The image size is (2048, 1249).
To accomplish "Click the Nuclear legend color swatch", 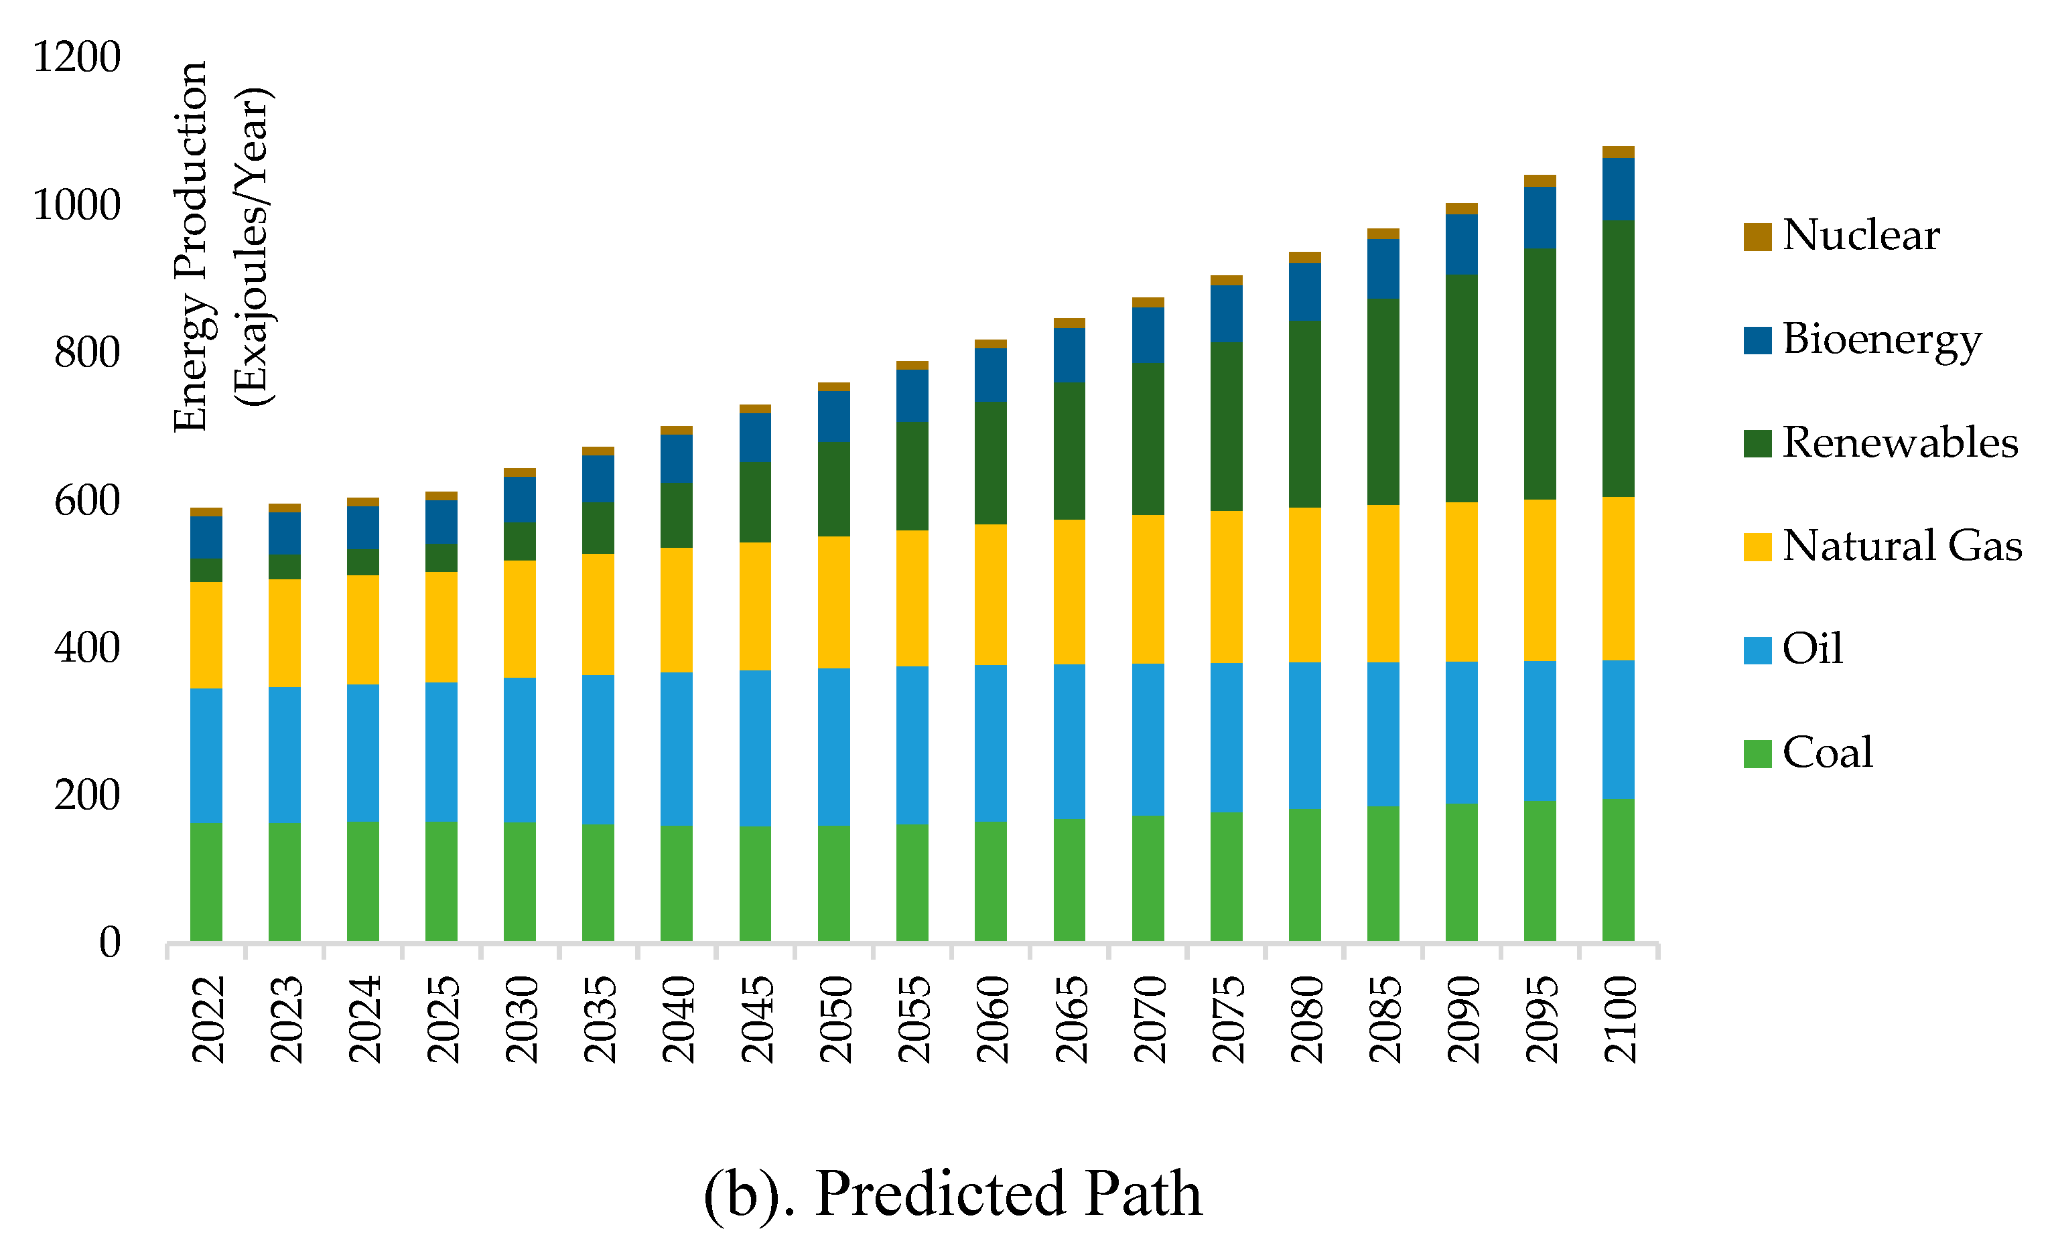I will click(x=1757, y=236).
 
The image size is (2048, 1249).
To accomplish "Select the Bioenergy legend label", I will click(x=1881, y=339).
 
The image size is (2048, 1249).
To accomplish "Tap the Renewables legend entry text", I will click(x=1900, y=442).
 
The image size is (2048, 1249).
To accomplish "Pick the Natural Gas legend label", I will click(x=1902, y=546).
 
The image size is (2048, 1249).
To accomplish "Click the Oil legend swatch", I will click(x=1757, y=650).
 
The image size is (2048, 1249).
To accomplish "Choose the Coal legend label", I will click(x=1828, y=753).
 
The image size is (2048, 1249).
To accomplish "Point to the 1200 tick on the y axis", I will click(x=76, y=58).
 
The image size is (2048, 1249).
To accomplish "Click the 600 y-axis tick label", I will click(x=86, y=501).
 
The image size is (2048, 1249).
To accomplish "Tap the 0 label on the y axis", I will click(x=110, y=943).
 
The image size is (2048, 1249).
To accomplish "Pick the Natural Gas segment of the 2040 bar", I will click(x=676, y=610).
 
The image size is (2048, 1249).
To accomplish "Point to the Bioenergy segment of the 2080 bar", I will click(x=1304, y=292).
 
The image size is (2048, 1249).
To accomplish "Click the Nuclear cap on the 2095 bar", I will click(x=1540, y=181).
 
